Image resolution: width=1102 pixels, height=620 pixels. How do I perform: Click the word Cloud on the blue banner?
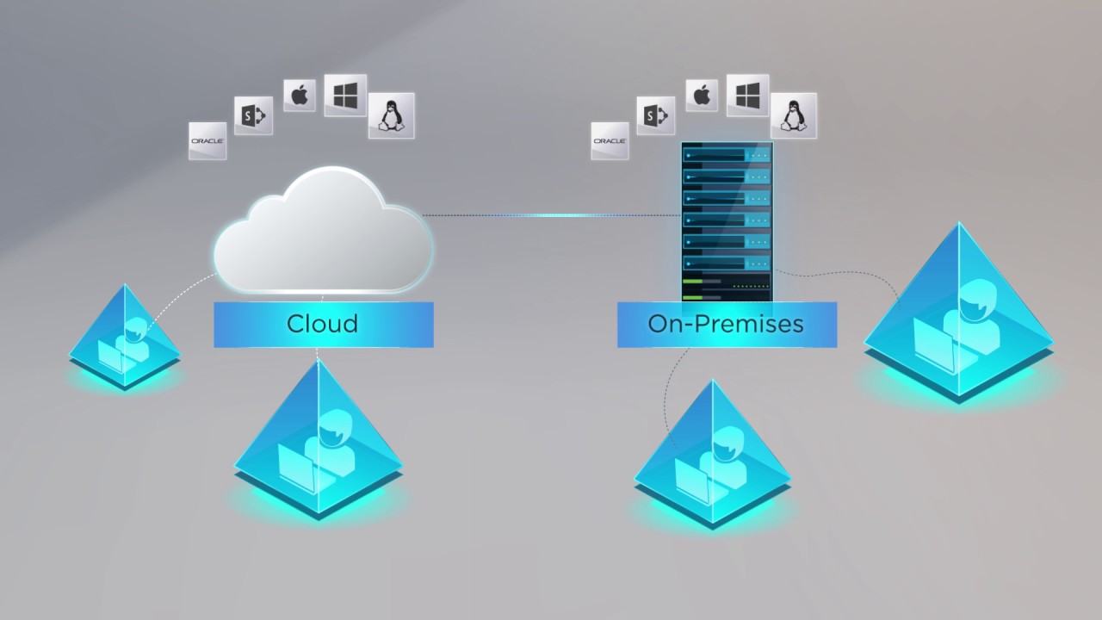click(x=322, y=324)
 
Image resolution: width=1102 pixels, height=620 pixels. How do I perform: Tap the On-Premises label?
click(x=726, y=324)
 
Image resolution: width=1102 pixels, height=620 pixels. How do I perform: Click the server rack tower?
click(x=727, y=222)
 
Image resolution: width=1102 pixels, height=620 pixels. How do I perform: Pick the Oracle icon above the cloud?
click(x=207, y=140)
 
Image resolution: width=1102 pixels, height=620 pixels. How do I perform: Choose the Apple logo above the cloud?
click(x=300, y=95)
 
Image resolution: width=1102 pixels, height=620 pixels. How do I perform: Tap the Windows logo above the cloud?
click(x=345, y=96)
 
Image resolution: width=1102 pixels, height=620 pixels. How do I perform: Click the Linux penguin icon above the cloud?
click(x=392, y=115)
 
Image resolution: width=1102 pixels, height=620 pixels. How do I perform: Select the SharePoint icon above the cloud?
click(x=253, y=115)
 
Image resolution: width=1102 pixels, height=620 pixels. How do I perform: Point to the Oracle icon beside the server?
click(x=610, y=140)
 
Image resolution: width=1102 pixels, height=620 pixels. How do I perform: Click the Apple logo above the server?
click(x=702, y=95)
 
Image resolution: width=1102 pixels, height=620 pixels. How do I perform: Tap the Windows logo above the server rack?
click(x=747, y=96)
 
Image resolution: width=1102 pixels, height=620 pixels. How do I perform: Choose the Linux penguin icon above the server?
click(x=794, y=115)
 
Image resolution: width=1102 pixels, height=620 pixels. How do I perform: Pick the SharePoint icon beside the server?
click(x=655, y=115)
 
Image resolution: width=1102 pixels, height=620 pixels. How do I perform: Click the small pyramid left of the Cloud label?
click(x=125, y=340)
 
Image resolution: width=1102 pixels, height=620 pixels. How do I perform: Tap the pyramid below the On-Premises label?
click(x=712, y=456)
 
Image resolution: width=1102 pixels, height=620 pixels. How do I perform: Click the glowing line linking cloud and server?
click(x=551, y=215)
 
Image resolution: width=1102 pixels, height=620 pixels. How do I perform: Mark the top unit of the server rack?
click(x=727, y=155)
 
